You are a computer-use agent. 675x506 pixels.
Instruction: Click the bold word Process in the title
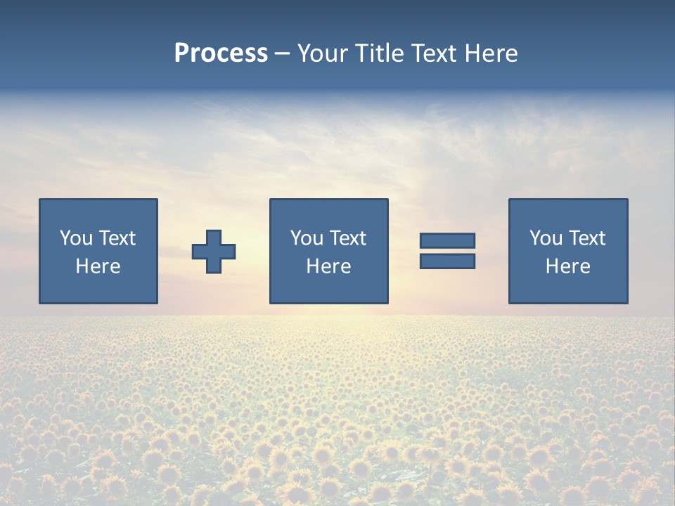[221, 53]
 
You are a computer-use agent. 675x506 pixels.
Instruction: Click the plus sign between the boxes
[214, 252]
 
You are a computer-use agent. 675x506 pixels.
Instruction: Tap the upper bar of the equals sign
[447, 240]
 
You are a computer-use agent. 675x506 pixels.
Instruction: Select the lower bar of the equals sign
[447, 261]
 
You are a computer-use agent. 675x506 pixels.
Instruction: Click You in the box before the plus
[76, 238]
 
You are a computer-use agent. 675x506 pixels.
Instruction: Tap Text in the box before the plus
[117, 238]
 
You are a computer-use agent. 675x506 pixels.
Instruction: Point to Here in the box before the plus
[98, 266]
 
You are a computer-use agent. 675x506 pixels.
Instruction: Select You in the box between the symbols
[307, 238]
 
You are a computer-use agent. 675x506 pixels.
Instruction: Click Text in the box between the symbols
[347, 238]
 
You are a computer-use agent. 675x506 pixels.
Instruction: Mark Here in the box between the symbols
[329, 266]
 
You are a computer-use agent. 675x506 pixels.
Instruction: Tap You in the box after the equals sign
[546, 238]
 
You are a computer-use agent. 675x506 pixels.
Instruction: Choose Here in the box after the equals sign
[568, 266]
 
